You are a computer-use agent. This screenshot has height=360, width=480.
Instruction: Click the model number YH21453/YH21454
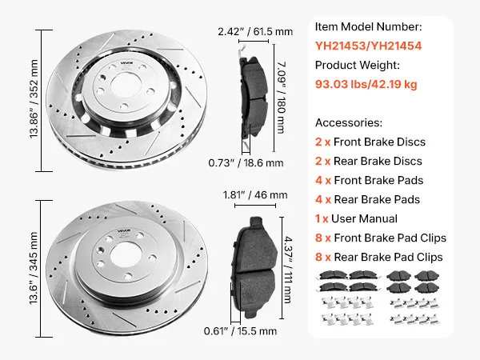coord(368,46)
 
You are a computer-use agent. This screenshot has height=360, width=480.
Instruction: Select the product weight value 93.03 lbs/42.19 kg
coord(366,84)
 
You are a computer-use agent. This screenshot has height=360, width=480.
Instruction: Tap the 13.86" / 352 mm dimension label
coord(34,99)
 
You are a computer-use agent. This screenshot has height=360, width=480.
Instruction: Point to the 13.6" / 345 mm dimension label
coord(34,268)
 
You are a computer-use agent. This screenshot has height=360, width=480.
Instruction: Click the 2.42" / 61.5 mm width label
coord(255,31)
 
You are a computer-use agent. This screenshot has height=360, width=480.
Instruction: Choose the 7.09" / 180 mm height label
coord(281,98)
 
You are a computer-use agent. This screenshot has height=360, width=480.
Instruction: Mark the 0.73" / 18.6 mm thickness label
coord(246,163)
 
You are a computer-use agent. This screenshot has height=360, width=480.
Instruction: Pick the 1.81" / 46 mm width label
coord(255,195)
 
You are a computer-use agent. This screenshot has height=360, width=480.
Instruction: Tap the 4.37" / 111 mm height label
coord(288,270)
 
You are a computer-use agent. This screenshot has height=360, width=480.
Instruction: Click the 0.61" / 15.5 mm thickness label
coord(240,331)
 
